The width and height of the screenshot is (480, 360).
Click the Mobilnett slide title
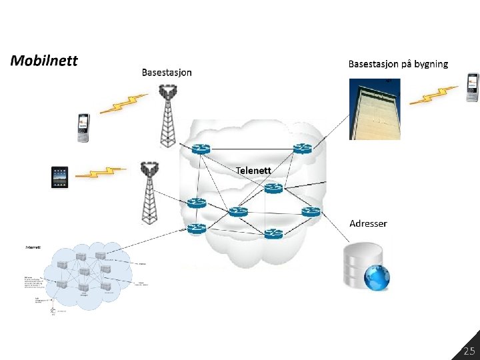point(44,61)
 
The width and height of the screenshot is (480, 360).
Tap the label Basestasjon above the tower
point(167,73)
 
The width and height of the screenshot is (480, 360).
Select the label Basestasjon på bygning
point(398,64)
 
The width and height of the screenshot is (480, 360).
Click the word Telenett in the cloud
point(253,170)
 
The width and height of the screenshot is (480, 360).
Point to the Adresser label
point(368,223)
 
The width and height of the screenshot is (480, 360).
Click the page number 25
point(469,351)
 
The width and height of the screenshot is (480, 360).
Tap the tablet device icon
point(61,177)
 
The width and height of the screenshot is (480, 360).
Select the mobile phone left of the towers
point(83,127)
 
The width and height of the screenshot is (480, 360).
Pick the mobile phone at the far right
point(473,87)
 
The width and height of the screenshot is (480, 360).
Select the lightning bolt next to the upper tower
point(125,104)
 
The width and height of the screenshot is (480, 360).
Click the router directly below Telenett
point(273,189)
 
